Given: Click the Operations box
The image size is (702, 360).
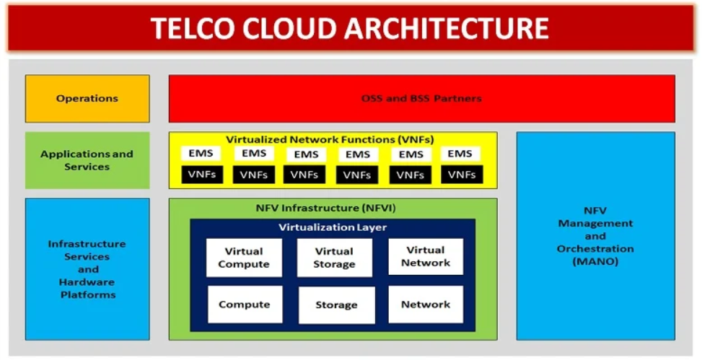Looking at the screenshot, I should click(x=87, y=99).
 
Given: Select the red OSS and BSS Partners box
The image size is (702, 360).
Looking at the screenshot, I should click(x=421, y=99).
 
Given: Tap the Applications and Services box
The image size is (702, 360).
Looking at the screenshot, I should click(x=87, y=160).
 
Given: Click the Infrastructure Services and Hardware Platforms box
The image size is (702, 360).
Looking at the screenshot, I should click(x=87, y=269).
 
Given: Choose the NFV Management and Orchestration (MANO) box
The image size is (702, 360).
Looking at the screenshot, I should click(x=595, y=236).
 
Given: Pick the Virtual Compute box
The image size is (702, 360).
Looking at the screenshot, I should click(x=244, y=258).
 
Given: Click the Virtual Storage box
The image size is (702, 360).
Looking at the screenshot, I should click(x=335, y=258).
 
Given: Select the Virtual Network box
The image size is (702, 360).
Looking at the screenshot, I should click(x=426, y=257).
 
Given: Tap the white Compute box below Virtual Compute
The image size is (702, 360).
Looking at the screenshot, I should click(x=244, y=304).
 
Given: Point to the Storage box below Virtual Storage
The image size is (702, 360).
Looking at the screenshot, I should click(x=336, y=305).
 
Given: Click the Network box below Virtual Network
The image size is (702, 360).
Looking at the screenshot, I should click(x=426, y=304).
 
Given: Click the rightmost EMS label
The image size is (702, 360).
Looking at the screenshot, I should click(x=460, y=154).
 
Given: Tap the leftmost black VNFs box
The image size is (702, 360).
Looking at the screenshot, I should click(x=201, y=175).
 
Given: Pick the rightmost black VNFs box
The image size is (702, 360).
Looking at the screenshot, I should click(x=462, y=175).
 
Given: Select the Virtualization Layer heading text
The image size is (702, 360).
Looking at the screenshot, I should click(x=333, y=227).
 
